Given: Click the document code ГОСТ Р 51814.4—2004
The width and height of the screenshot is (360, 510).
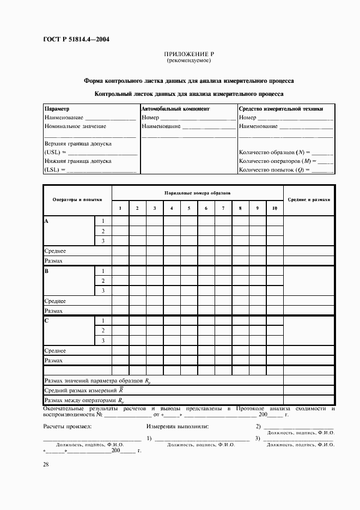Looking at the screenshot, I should coord(76,39).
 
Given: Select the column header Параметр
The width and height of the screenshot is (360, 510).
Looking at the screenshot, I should coord(57,108).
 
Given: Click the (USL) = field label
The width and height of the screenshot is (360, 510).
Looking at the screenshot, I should coord(55,153).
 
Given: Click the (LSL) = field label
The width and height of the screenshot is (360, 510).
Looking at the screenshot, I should coord(54,170).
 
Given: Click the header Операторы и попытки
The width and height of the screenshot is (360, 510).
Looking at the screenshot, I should coord(77,200).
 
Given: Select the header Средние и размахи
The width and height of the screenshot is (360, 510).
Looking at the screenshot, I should coord(309,200).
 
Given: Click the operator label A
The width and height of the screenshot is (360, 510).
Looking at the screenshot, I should coord(46,221).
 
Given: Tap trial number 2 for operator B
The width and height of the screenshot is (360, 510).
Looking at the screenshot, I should coord(103,281).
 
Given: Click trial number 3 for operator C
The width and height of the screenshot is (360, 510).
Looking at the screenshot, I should coord(103,341).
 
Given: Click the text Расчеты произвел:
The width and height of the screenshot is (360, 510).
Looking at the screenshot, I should coord(67,427).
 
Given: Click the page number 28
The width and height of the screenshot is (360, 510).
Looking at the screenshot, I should coord(46,464).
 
